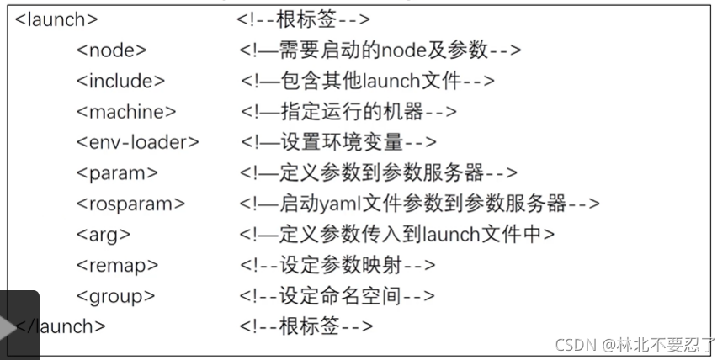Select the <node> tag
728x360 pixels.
112,50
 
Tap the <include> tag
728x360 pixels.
121,81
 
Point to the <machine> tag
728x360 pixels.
127,111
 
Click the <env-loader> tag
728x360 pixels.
138,142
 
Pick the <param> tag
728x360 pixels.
117,173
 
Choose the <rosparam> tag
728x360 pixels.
130,204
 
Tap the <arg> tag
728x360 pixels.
104,235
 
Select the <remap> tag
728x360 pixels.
118,265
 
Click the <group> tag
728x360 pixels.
116,295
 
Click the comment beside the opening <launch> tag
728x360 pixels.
304,19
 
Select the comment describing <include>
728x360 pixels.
367,81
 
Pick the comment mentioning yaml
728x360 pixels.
419,204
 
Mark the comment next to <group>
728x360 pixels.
337,295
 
